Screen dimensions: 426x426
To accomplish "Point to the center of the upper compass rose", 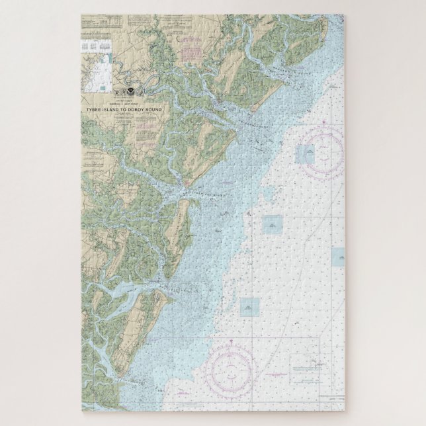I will pyautogui.click(x=322, y=151).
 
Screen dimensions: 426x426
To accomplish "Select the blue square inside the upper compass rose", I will pyautogui.click(x=306, y=155).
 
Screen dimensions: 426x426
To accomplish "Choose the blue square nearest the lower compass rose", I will pyautogui.click(x=249, y=306).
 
